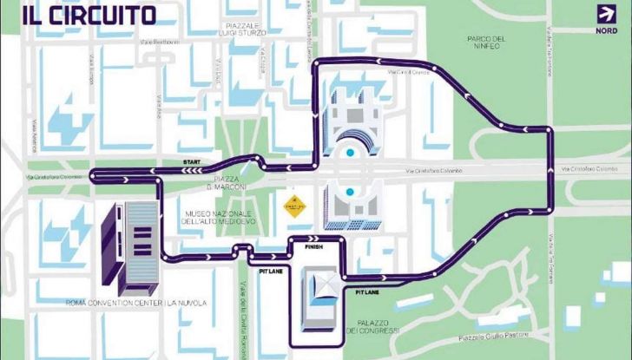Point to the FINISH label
coord(313,246)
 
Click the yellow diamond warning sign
coord(292,206)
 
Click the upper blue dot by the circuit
coord(350,154)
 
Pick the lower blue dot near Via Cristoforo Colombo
coord(350,191)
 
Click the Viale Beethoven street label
coord(161,42)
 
